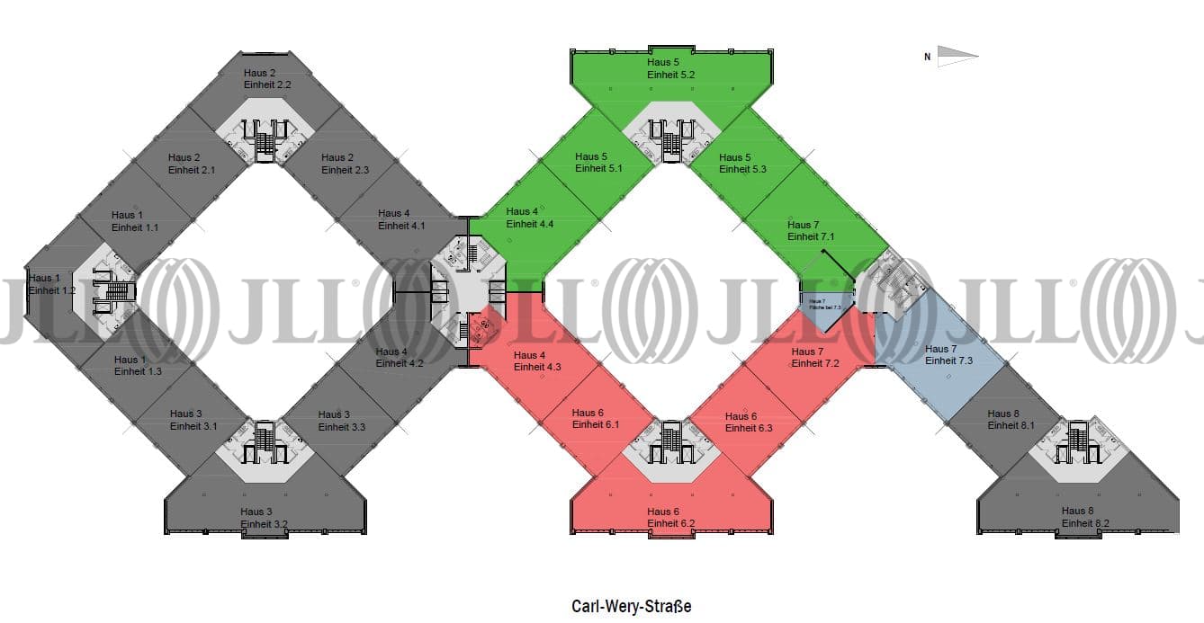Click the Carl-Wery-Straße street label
point(631,607)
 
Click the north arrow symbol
point(957,56)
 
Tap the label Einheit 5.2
point(670,75)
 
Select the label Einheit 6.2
point(670,523)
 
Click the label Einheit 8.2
point(1085,522)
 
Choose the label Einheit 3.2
point(264,523)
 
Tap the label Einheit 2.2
point(267,84)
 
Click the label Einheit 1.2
point(52,290)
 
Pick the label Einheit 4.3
point(537,367)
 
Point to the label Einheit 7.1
point(811,236)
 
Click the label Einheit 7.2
point(815,363)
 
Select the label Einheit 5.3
point(742,169)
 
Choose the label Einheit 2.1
point(192,169)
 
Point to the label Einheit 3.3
point(341,427)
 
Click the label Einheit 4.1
point(401,226)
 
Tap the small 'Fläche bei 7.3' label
point(824,307)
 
